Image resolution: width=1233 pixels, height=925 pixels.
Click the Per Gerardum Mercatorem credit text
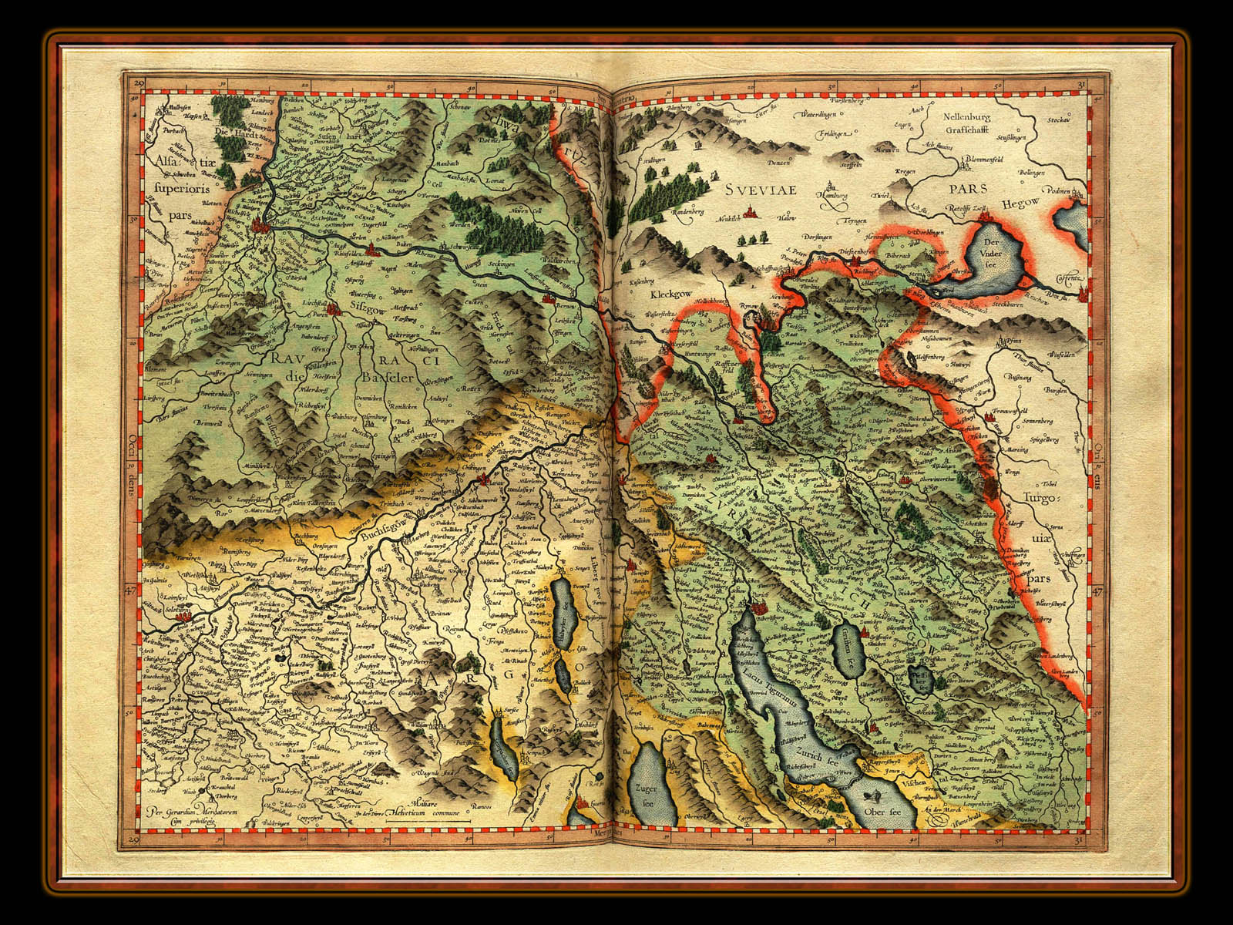point(189,815)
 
